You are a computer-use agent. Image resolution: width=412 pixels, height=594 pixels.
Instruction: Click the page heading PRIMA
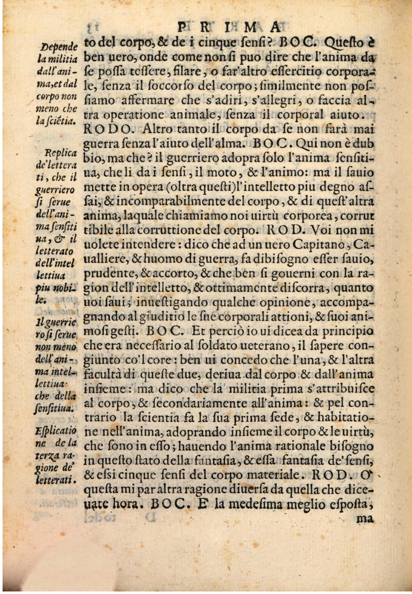228,27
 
